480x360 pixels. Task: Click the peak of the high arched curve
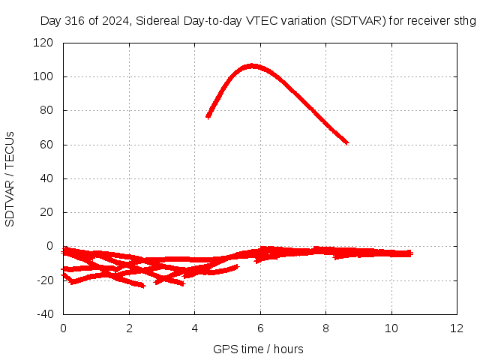click(x=252, y=66)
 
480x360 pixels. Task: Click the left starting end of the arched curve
click(x=208, y=117)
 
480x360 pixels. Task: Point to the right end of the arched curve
click(x=348, y=142)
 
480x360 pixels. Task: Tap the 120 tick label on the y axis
click(x=43, y=43)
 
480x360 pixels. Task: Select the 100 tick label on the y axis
click(x=43, y=76)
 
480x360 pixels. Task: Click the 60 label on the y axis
click(x=46, y=145)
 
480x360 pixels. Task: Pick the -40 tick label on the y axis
click(x=45, y=314)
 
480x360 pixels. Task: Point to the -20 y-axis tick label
click(x=45, y=280)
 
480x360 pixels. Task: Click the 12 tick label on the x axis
click(x=457, y=328)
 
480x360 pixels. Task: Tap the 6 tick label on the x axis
click(x=260, y=328)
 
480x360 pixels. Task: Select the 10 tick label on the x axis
click(x=391, y=328)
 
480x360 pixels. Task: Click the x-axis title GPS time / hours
click(x=258, y=349)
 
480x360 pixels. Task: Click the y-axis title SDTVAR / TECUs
click(x=10, y=179)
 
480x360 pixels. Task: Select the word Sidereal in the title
click(x=157, y=21)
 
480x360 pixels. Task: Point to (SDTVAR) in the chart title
click(x=358, y=21)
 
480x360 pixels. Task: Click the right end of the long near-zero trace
click(x=412, y=253)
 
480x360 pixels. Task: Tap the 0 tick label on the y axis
click(x=49, y=246)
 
